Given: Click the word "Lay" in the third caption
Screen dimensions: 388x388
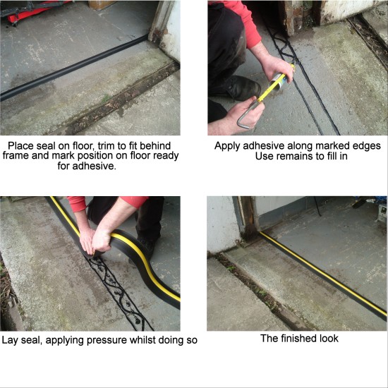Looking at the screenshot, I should point(12,340).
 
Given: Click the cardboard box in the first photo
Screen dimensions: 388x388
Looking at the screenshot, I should point(102,4).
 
